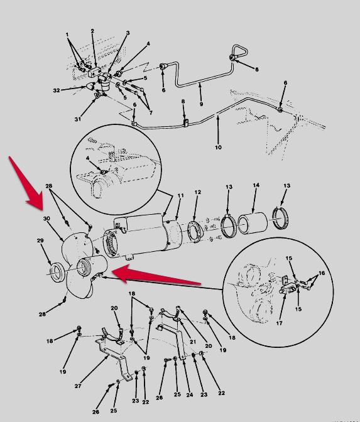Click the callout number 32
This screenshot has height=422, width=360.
[x=57, y=90]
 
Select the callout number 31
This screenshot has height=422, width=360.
[x=77, y=119]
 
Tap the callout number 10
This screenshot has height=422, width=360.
[x=218, y=147]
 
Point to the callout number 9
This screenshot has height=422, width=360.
[x=202, y=104]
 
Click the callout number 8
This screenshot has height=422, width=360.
[x=183, y=101]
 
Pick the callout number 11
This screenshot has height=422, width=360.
[x=180, y=195]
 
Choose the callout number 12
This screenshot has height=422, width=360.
[x=198, y=192]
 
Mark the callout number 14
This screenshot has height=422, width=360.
[x=256, y=185]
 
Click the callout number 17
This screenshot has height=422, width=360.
[x=279, y=323]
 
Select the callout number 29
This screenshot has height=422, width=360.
[x=40, y=241]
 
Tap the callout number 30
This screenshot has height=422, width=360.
[x=46, y=219]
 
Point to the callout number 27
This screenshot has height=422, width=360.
[x=78, y=386]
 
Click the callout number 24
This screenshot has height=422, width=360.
[x=190, y=394]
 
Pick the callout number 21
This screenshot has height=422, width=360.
[x=193, y=342]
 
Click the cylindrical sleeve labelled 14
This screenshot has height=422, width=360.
[x=253, y=224]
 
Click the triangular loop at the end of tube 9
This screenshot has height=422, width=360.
[x=239, y=51]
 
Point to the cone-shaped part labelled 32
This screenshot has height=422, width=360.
[x=90, y=86]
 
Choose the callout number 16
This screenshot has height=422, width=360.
[x=322, y=273]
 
